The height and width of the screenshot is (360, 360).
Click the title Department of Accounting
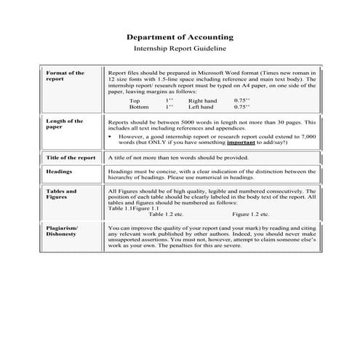click(180, 36)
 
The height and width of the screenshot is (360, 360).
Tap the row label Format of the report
click(65, 76)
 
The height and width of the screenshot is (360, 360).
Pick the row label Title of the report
click(71, 158)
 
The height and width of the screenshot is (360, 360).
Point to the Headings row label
click(59, 172)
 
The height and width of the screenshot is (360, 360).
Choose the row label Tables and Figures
click(61, 194)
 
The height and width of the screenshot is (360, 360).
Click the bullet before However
click(110, 136)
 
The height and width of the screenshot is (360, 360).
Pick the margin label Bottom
click(139, 106)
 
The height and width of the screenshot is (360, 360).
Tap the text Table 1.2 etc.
click(166, 215)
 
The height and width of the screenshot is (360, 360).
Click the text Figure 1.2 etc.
click(250, 215)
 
